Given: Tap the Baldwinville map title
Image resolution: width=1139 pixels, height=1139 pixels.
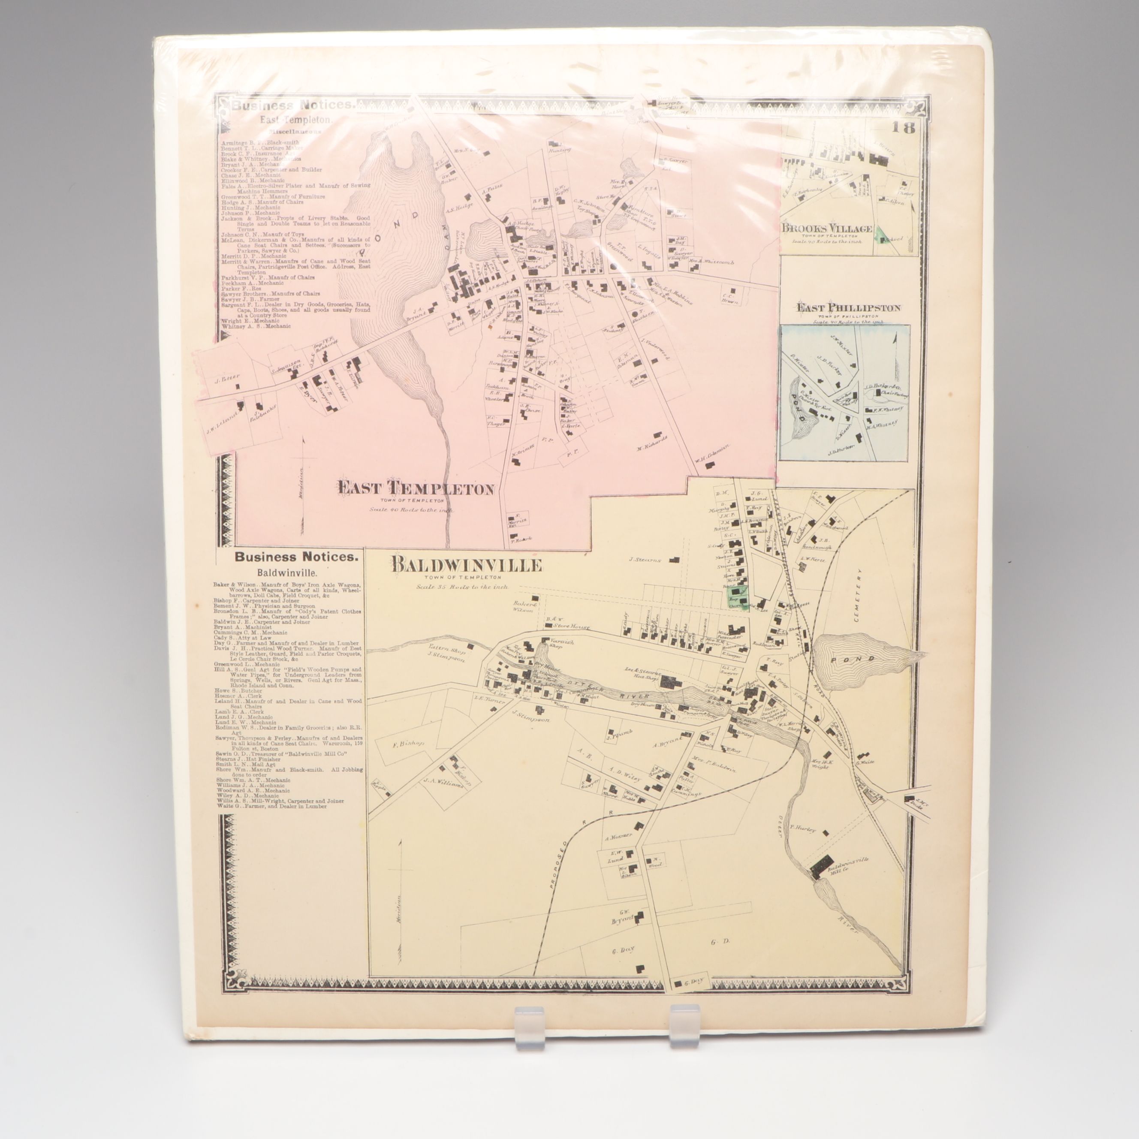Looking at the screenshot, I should point(466,565).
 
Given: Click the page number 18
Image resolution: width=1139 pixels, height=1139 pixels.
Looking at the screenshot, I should point(903,127).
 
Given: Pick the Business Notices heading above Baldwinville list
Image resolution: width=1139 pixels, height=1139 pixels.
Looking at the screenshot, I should point(295,556).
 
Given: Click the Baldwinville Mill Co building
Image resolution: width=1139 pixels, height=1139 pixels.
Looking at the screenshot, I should point(821,867).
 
